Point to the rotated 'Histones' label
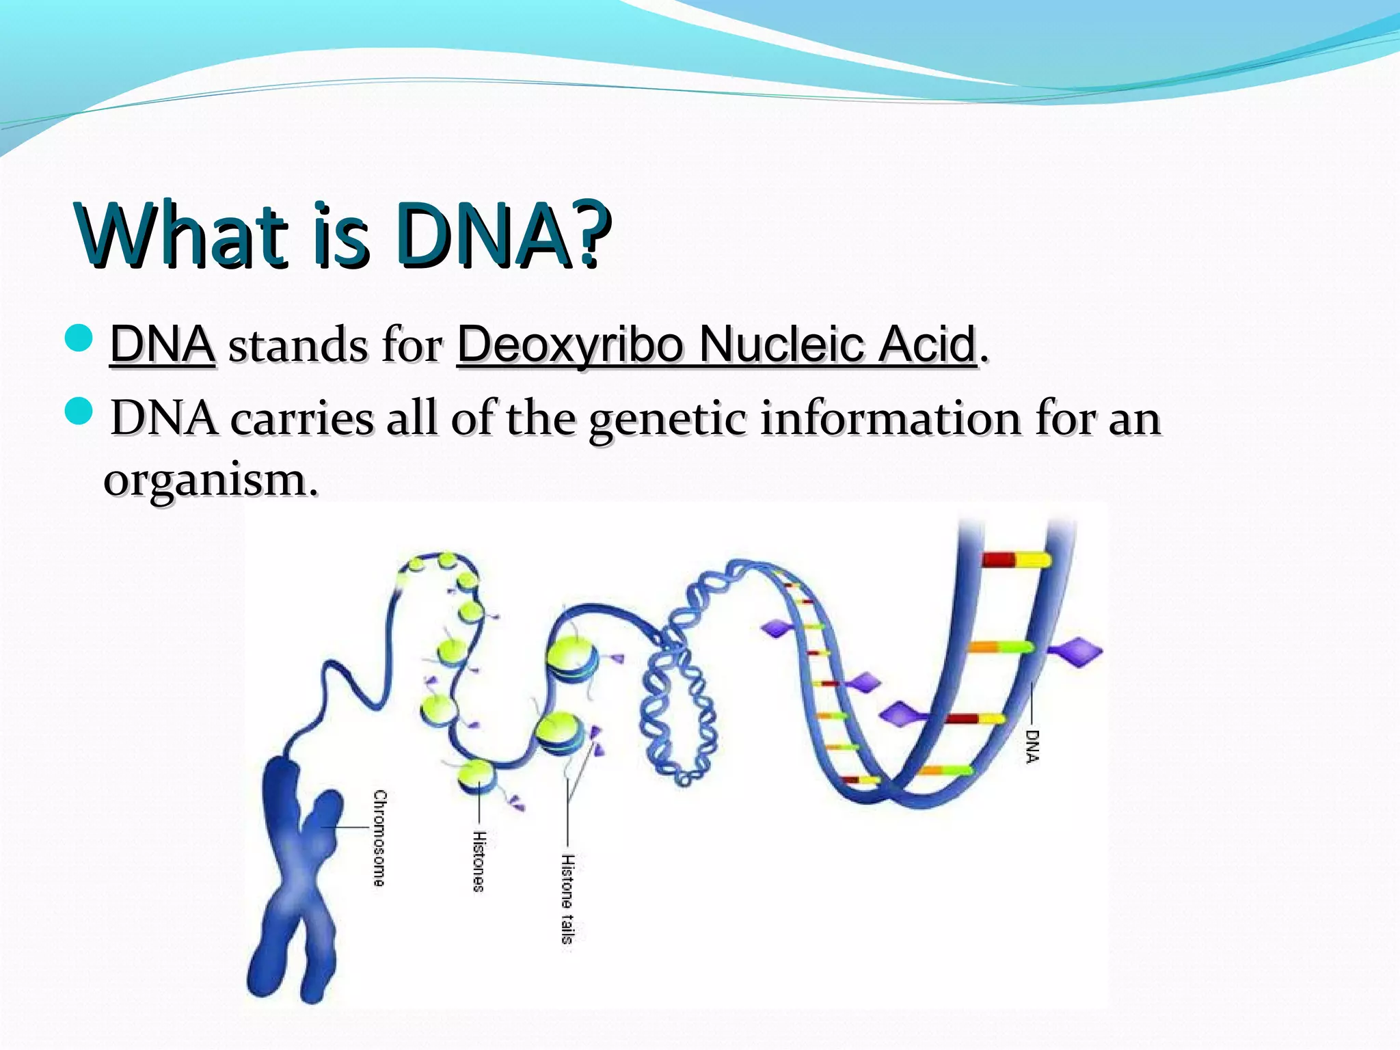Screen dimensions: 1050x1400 coord(480,861)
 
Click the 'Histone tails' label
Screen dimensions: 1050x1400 coord(567,898)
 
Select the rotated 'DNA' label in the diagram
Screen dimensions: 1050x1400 coord(1032,746)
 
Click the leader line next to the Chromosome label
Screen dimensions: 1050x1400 coord(349,827)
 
